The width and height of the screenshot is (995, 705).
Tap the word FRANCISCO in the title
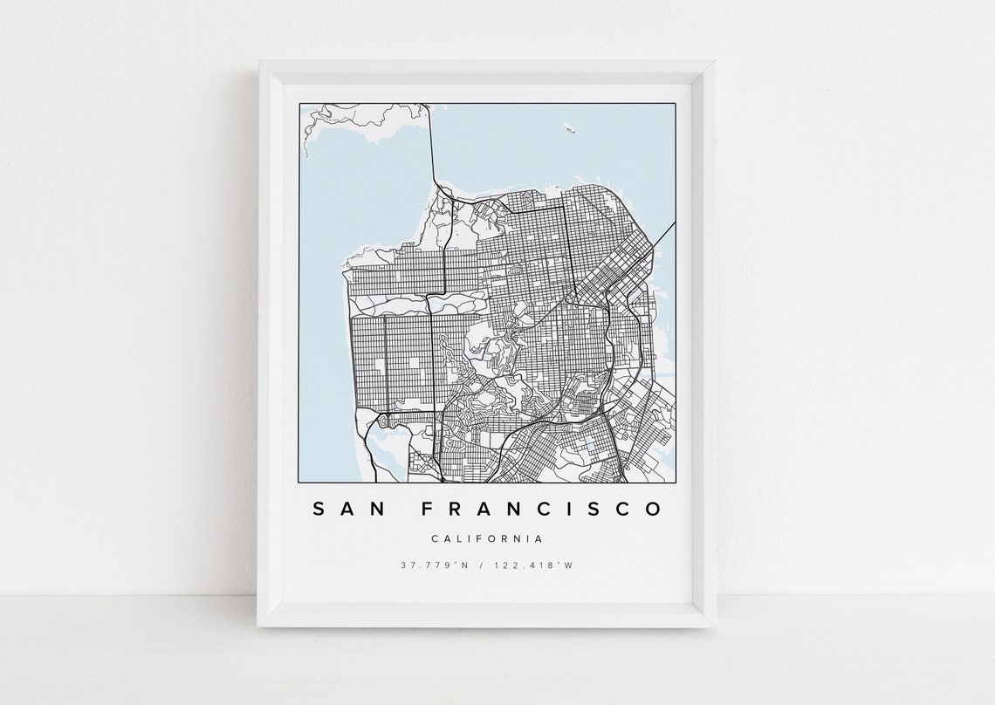pyautogui.click(x=541, y=509)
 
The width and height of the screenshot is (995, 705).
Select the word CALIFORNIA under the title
pyautogui.click(x=488, y=539)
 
